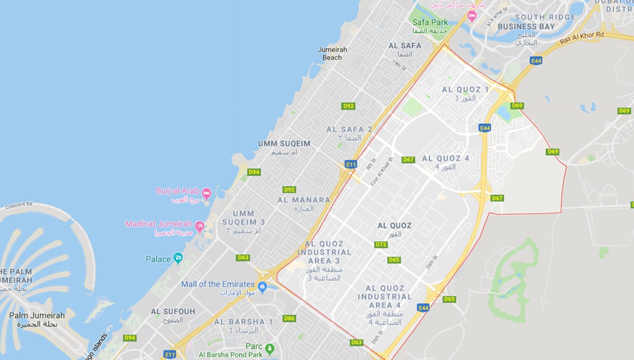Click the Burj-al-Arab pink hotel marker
(x=206, y=193)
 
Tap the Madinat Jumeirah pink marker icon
(x=200, y=226)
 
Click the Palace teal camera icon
(x=178, y=258)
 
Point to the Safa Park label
(x=430, y=22)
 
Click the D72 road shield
(x=381, y=244)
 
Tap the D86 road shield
(x=289, y=318)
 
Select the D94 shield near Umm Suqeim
(x=254, y=172)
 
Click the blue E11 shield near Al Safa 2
(x=351, y=164)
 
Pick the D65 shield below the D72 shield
(x=394, y=260)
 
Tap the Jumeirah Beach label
(x=332, y=53)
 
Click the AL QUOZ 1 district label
(x=465, y=90)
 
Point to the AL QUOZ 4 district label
(x=446, y=158)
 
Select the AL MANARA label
(x=304, y=200)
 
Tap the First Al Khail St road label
(x=381, y=172)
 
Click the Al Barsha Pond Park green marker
(x=269, y=348)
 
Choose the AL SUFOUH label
(x=173, y=311)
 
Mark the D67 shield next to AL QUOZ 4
(x=408, y=159)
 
